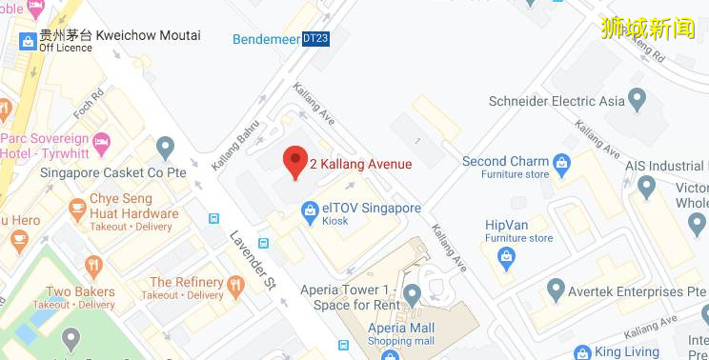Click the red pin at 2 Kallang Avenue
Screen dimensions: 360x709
295,162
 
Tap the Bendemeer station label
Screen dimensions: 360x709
266,39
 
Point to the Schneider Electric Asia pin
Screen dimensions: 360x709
638,100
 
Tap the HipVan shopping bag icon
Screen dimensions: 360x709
506,255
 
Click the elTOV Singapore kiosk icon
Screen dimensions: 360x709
309,210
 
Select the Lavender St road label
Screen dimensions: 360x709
251,256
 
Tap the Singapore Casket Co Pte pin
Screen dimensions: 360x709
166,148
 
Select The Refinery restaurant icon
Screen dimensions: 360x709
235,284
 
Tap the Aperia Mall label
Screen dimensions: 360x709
400,329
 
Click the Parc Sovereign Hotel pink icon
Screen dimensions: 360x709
103,140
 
